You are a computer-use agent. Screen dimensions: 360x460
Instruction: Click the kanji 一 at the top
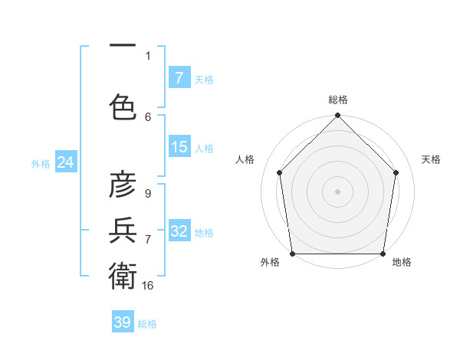coord(123,45)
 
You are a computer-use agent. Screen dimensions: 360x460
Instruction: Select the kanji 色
coord(123,106)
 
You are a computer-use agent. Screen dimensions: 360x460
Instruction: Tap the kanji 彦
coord(123,185)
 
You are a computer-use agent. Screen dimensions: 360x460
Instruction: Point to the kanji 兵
coord(123,229)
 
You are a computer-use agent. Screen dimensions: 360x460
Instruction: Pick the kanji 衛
coord(123,274)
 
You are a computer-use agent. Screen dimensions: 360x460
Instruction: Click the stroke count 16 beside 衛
coord(148,285)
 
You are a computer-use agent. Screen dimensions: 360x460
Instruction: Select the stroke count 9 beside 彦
coord(147,194)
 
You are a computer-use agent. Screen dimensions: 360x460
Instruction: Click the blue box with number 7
coord(179,78)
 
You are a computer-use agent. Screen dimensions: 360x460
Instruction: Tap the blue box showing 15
coord(179,147)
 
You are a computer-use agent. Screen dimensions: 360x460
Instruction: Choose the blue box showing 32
coord(179,231)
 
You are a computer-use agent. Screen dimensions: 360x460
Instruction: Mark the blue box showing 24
coord(65,162)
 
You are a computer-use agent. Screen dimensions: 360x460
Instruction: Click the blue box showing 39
coord(122,322)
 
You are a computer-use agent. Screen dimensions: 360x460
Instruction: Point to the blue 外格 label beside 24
coord(40,163)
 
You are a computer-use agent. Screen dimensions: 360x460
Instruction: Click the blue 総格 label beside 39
coord(147,324)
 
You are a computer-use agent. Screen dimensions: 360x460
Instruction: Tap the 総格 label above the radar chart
coord(338,100)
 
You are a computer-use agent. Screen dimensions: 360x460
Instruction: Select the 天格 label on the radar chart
coord(432,159)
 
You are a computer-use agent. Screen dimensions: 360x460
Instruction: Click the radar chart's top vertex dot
coord(337,116)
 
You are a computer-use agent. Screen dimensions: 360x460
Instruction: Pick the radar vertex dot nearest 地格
coord(383,254)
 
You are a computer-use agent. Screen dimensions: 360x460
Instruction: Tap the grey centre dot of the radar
coord(337,191)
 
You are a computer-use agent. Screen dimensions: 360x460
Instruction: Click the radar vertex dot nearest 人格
coord(279,172)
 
